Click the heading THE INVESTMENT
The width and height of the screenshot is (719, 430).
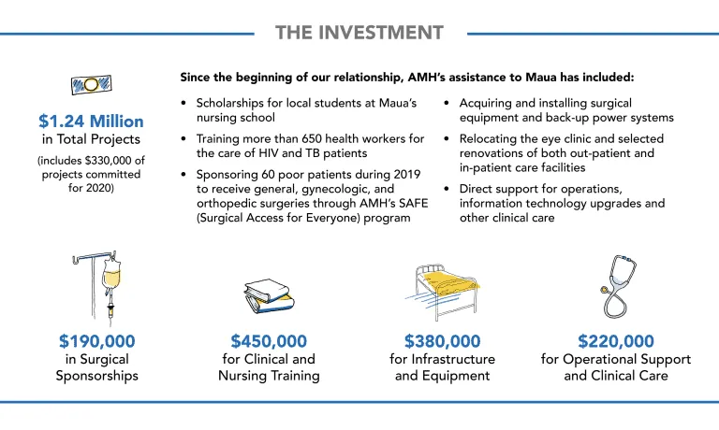[359, 33]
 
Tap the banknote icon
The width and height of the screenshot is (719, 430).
[91, 85]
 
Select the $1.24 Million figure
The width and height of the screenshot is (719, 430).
[91, 122]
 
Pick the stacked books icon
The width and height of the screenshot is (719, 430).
[269, 296]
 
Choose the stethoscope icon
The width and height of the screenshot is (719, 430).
[619, 287]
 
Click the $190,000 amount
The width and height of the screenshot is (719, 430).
[97, 341]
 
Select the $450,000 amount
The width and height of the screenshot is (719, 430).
[269, 341]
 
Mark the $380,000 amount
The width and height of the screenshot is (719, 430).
[443, 341]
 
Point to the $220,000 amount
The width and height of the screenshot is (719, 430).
[616, 341]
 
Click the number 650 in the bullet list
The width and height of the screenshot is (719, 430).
[312, 138]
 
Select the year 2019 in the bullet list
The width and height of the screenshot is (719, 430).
[406, 175]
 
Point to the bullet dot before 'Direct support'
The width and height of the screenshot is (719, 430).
[447, 189]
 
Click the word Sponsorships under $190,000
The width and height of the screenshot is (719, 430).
[97, 377]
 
